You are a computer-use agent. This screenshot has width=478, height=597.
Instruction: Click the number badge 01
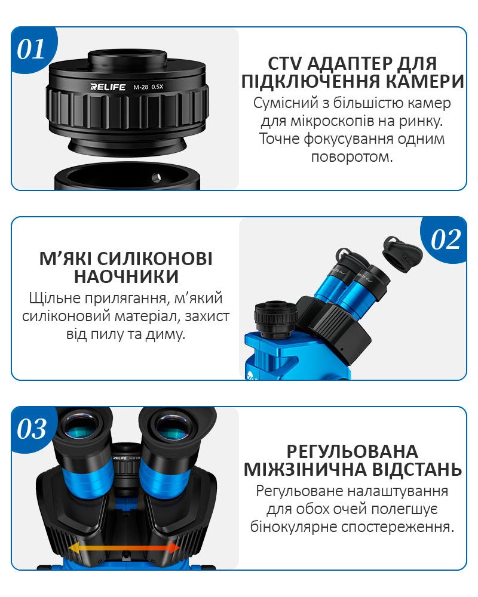coord(30,50)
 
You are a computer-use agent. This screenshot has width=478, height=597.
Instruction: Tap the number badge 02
coord(445,239)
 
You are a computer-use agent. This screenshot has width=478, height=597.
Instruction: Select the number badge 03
coord(31,429)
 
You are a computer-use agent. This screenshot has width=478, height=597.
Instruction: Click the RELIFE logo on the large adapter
coord(108,87)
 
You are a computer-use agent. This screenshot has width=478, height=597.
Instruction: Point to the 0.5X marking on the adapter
coord(157,87)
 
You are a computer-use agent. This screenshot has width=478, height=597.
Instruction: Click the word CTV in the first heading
coord(285,63)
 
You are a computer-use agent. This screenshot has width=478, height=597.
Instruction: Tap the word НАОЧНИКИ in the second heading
coord(126,276)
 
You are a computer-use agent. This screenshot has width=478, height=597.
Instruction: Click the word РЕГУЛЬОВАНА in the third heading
coord(352,451)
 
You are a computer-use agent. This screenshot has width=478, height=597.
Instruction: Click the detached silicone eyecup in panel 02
coord(402,253)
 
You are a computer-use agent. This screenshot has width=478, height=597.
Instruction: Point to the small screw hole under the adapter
coord(154,177)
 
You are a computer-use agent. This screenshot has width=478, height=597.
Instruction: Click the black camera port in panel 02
coord(275,318)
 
